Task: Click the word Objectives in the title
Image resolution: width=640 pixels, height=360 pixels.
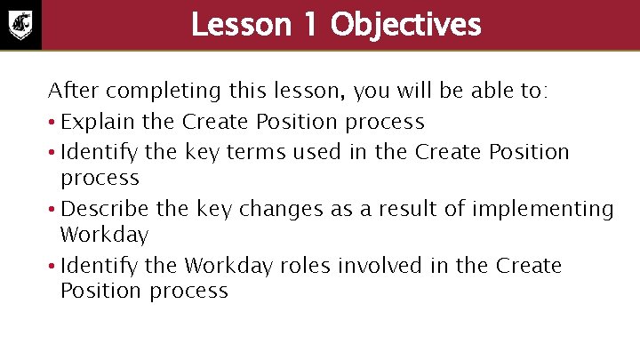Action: (x=405, y=25)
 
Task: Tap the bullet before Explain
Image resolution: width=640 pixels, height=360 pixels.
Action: (x=52, y=122)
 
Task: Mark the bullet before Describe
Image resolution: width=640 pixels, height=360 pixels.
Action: (x=52, y=210)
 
